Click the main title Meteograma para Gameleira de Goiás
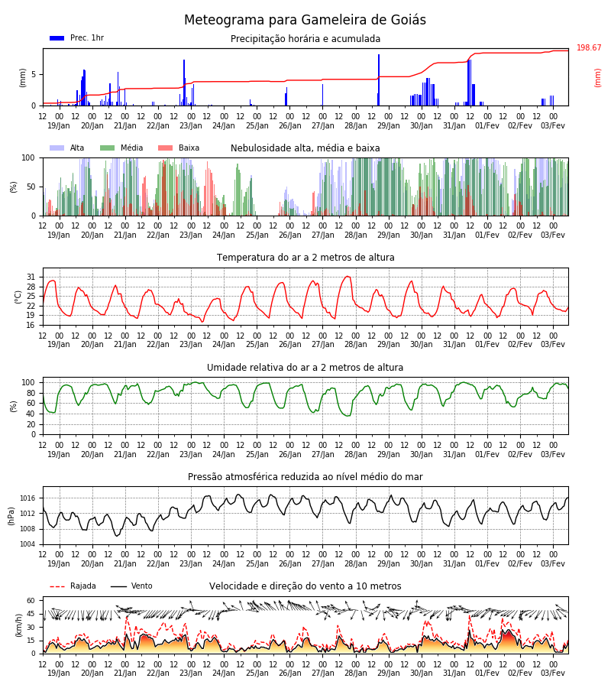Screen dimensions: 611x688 [x=305, y=20]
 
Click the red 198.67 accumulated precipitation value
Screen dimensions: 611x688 [x=589, y=47]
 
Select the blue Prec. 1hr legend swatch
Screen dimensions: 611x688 [x=57, y=38]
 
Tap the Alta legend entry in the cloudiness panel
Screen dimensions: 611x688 [x=67, y=148]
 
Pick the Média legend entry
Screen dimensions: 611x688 [x=121, y=148]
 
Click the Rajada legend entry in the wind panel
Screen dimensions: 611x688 [x=73, y=586]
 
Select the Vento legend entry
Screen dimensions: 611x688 [x=131, y=586]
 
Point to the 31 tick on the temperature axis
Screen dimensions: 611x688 [x=31, y=277]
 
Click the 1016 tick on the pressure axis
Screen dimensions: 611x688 [x=27, y=498]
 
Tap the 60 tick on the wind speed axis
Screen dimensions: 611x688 [x=31, y=600]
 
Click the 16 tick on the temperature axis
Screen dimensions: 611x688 [x=31, y=325]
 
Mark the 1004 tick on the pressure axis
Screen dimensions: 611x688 [x=27, y=544]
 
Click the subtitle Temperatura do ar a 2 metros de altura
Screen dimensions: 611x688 [x=305, y=258]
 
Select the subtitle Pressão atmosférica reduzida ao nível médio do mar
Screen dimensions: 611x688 [x=305, y=476]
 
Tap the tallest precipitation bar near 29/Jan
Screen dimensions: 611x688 [x=379, y=80]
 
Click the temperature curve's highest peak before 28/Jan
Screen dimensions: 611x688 [x=348, y=276]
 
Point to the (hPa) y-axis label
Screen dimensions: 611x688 [x=11, y=516]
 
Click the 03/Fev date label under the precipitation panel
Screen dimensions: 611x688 [x=553, y=125]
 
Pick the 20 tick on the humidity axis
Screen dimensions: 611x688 [x=31, y=424]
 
